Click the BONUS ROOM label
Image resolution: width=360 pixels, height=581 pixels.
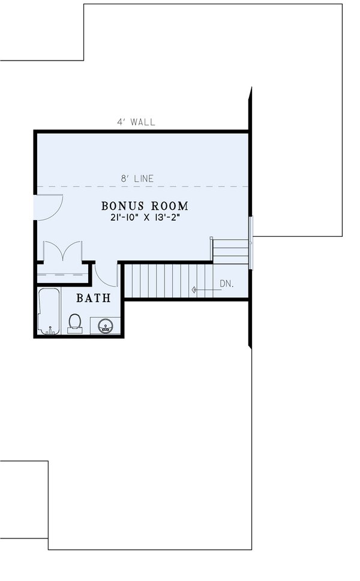pos(145,206)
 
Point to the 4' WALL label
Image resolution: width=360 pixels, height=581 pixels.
pos(136,122)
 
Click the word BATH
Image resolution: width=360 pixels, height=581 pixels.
pos(94,297)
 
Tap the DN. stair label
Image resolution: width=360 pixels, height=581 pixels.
pos(226,284)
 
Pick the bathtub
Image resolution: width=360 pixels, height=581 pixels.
pos(49,311)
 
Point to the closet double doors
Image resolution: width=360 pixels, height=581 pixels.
pos(61,251)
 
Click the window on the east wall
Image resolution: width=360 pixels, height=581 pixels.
pos(251,240)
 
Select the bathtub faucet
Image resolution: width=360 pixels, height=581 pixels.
pos(50,330)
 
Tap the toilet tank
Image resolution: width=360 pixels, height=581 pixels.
pos(75,330)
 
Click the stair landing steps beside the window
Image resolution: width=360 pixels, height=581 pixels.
pos(230,251)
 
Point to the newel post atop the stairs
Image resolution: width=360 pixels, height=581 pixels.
pos(211,239)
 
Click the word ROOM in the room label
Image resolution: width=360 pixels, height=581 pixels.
pos(169,206)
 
